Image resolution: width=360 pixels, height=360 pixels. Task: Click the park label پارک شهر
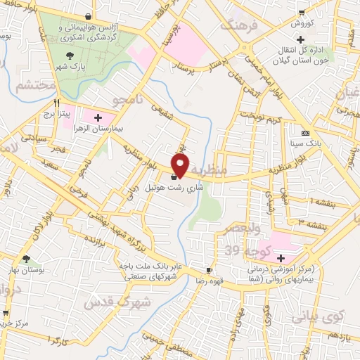[70, 66]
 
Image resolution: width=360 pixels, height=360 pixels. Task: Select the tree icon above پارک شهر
[70, 55]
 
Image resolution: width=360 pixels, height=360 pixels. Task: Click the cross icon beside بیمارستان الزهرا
[97, 117]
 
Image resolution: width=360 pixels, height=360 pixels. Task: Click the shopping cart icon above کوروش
[302, 12]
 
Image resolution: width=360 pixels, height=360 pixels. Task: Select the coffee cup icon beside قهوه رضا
[209, 270]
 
